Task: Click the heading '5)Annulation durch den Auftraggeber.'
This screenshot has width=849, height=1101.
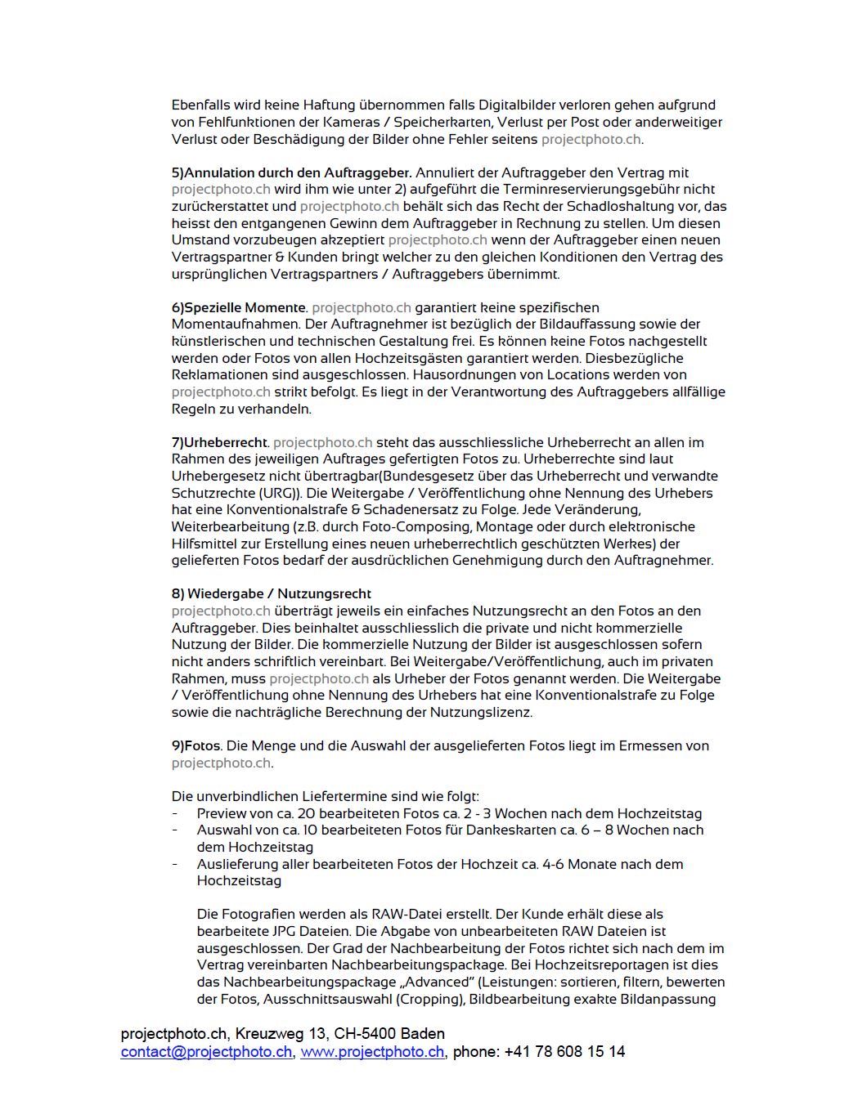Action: (291, 172)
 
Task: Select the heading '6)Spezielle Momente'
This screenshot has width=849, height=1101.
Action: (239, 307)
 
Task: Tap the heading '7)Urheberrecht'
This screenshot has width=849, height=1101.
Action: (219, 442)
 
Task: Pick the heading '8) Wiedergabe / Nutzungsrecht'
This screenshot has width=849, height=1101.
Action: (271, 593)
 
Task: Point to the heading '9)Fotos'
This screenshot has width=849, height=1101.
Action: (195, 745)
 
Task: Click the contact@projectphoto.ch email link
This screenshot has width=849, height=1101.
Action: (206, 1052)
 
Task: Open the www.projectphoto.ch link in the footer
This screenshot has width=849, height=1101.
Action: (372, 1052)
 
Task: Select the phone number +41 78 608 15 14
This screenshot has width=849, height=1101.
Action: (564, 1052)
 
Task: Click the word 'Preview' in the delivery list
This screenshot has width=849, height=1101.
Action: (222, 813)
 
